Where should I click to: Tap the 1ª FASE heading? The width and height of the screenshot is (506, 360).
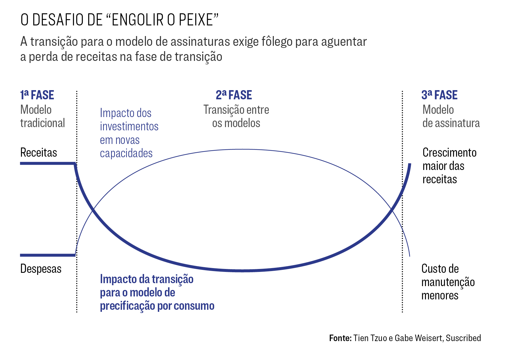[x=37, y=95]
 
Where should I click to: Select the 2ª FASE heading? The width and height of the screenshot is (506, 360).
[x=234, y=95]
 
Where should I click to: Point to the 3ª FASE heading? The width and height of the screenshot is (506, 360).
[x=439, y=95]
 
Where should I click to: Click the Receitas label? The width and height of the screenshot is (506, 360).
[x=39, y=153]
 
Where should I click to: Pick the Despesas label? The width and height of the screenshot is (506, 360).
[x=41, y=269]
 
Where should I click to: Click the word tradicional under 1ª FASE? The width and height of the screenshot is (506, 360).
[x=43, y=123]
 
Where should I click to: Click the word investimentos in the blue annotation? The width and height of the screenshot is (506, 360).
[x=129, y=127]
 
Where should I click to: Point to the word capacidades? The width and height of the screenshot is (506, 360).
[x=126, y=153]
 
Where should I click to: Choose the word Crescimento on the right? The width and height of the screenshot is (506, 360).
[x=449, y=153]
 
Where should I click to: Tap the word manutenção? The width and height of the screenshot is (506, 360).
[x=448, y=282]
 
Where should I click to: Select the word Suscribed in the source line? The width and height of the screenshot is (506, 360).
[x=463, y=338]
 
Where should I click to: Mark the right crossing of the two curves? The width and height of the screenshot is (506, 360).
[x=392, y=209]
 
